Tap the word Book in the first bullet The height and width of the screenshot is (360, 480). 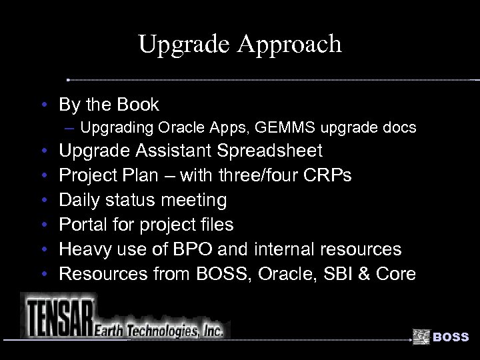138,105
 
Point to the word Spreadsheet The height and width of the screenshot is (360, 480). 270,151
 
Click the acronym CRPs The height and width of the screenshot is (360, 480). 327,176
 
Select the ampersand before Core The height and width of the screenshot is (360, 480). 367,274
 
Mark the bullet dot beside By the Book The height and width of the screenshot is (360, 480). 43,105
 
